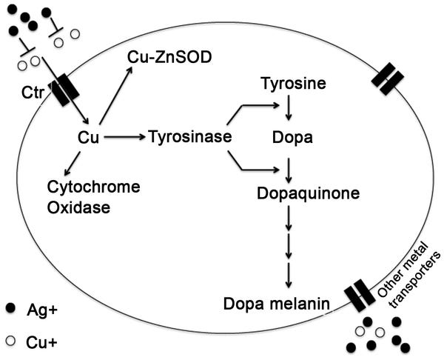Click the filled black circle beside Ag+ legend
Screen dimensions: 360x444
[x=10, y=307]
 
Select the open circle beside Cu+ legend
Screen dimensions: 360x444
[x=10, y=342]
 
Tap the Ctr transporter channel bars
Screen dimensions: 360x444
[x=65, y=89]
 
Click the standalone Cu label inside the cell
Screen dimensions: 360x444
[x=88, y=138]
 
